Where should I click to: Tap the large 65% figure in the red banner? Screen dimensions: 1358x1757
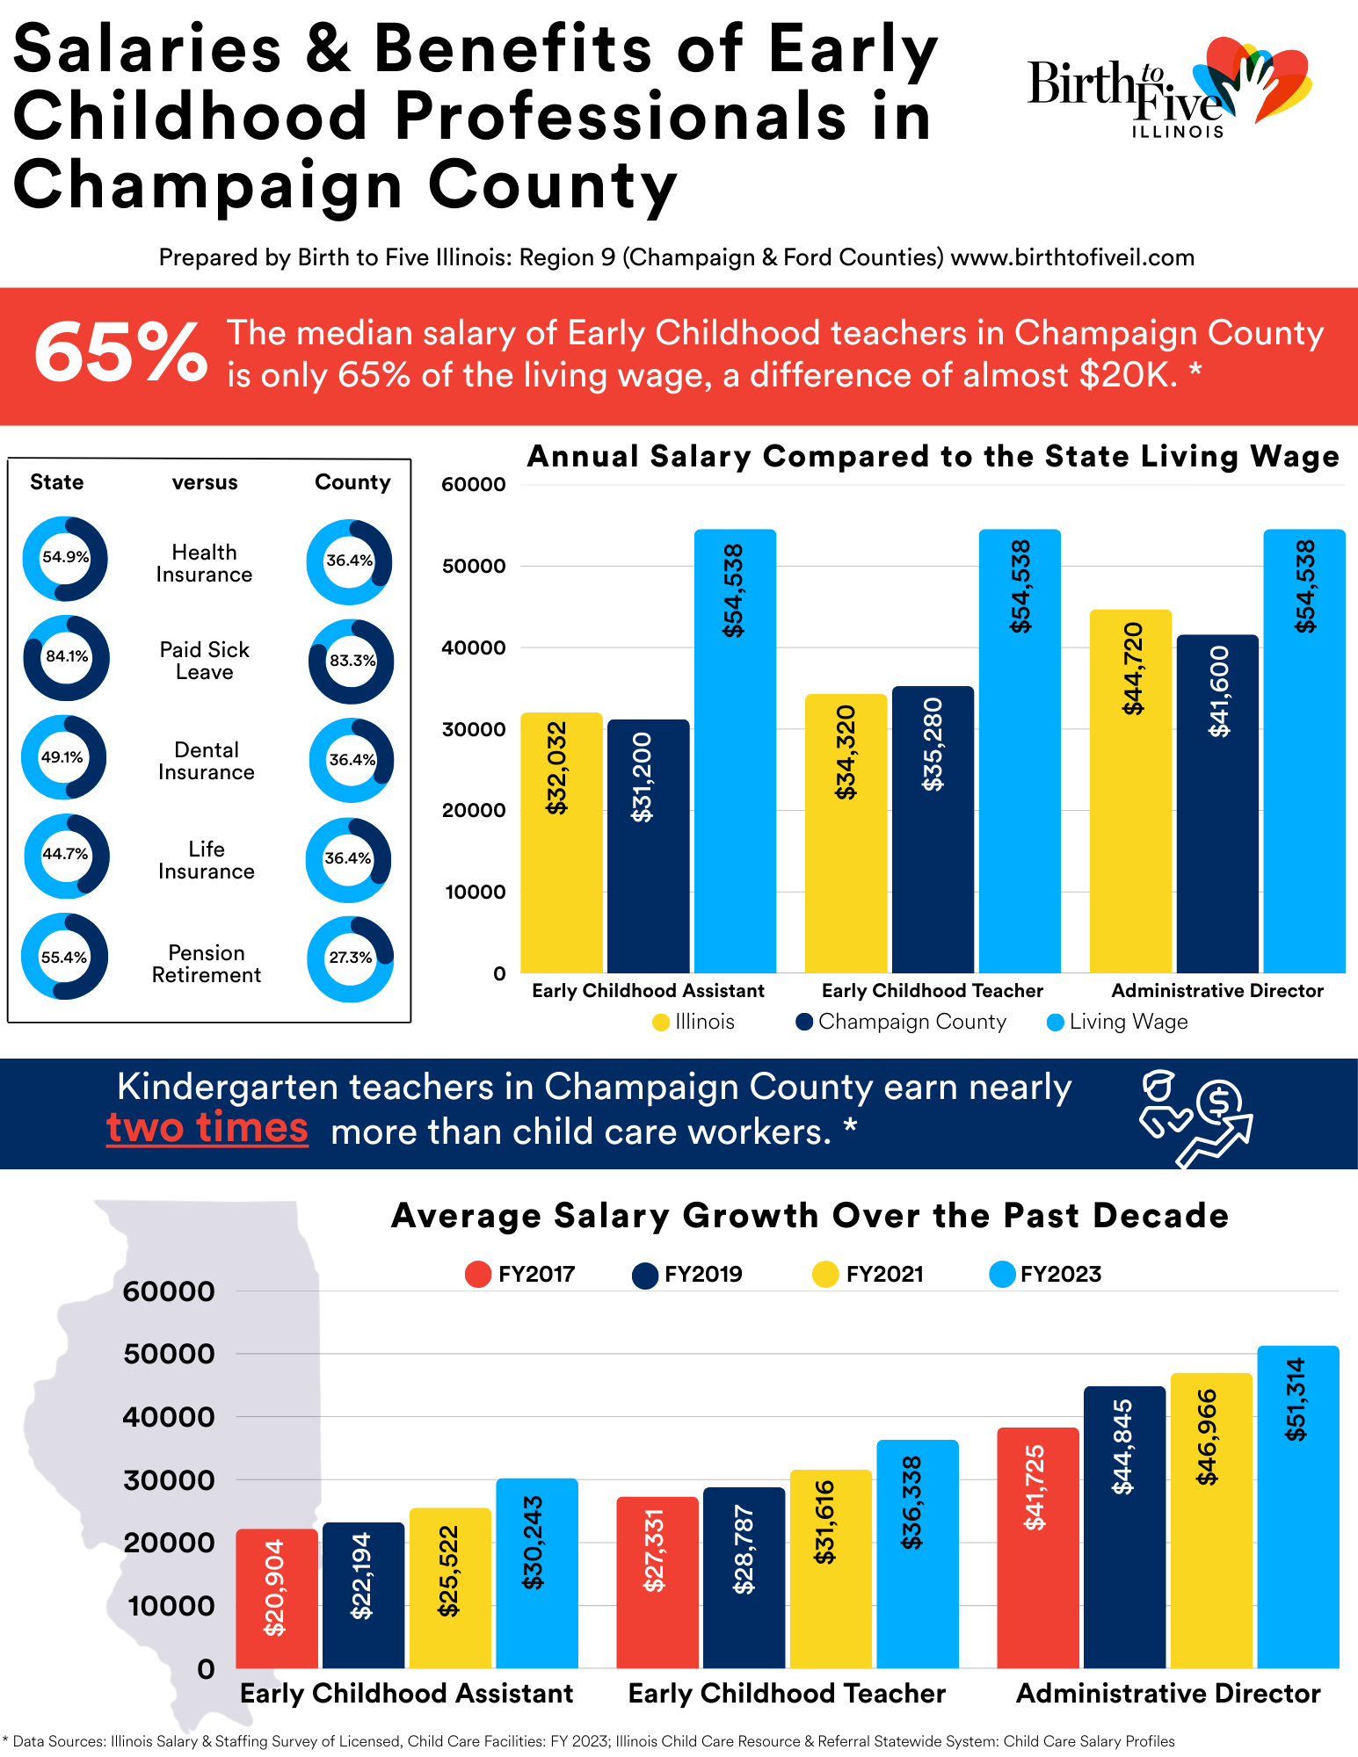[120, 353]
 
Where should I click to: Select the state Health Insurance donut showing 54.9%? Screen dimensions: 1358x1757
[66, 559]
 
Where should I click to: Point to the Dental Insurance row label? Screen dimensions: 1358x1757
[207, 761]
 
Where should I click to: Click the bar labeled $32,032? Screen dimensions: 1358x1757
[562, 842]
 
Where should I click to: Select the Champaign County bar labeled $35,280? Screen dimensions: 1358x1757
[933, 829]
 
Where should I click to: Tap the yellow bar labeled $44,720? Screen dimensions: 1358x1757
[1130, 792]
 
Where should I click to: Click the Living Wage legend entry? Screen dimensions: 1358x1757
[1117, 1023]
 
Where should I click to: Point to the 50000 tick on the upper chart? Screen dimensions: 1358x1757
[474, 566]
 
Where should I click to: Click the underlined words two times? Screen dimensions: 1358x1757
[207, 1128]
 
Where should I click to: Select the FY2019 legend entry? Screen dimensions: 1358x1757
[687, 1275]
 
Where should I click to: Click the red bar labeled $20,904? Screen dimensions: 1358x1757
[277, 1599]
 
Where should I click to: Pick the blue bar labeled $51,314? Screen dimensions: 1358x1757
[1298, 1507]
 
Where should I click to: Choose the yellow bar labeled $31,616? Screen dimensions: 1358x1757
[831, 1569]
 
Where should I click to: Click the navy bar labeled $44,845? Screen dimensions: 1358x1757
[1124, 1527]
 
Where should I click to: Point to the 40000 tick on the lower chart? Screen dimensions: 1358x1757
[169, 1417]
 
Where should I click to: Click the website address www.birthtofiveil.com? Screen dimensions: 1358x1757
[1072, 257]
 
